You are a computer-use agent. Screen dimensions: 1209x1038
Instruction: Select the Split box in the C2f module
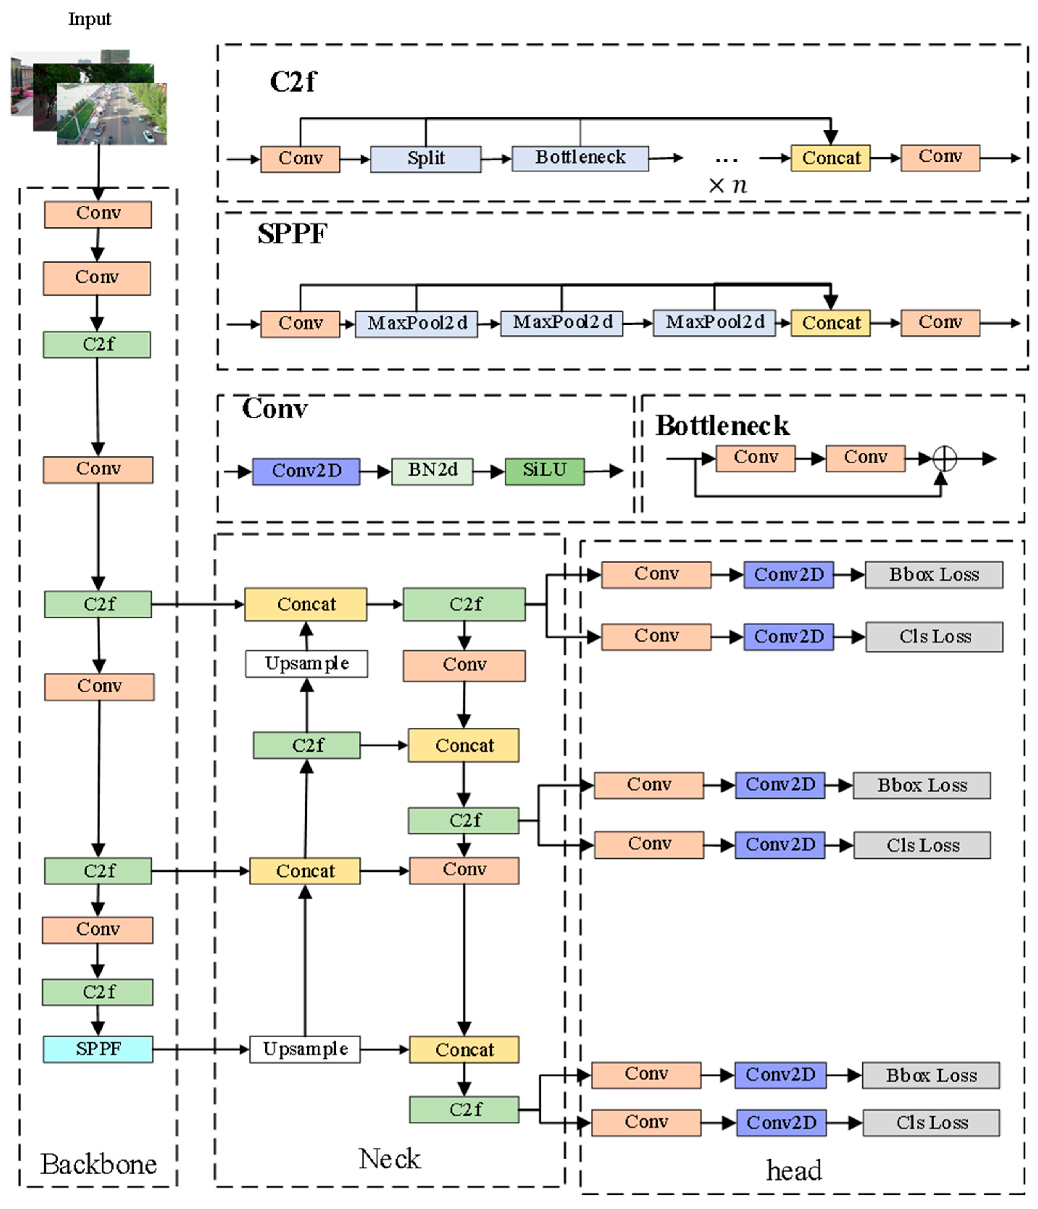coord(426,159)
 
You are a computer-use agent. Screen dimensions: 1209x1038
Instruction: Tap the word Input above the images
coord(89,19)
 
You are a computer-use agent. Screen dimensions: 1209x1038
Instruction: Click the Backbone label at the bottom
coord(98,1164)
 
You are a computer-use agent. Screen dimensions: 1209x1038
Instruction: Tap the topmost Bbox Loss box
coord(934,575)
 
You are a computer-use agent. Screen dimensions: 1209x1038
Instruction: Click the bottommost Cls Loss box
coord(931,1122)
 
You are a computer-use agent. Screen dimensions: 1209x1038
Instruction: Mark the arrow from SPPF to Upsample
coord(201,1049)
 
